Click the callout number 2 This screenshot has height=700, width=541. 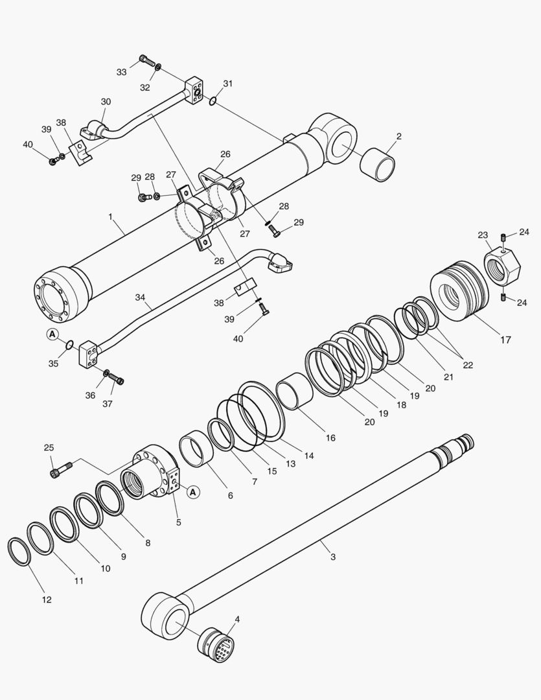[398, 136]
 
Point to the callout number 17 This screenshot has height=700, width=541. [505, 340]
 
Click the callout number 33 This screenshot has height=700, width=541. [122, 72]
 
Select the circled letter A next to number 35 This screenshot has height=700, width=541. [52, 334]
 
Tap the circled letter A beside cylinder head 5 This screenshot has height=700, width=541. [192, 493]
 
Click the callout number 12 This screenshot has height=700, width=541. [47, 600]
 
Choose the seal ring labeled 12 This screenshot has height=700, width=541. [18, 551]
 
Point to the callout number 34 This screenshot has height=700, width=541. [141, 297]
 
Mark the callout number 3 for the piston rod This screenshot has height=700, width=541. [332, 557]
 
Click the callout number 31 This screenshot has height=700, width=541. [227, 84]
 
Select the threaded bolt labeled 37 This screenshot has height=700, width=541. [117, 380]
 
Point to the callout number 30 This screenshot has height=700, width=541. [106, 102]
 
